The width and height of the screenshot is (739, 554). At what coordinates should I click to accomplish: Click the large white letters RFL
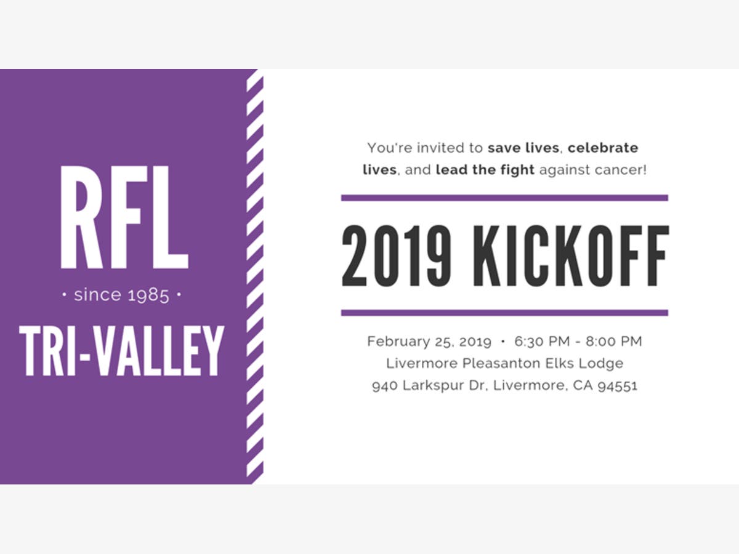point(124,217)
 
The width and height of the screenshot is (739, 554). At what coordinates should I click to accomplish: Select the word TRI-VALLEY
point(121,351)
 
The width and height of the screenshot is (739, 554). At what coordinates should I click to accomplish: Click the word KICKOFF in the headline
point(571,256)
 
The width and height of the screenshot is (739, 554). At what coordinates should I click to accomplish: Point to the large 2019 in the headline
point(397,256)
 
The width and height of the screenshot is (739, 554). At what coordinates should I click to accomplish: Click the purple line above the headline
point(504,198)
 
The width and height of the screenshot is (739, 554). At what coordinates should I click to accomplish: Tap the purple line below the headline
point(504,313)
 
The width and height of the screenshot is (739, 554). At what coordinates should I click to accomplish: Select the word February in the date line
point(398,342)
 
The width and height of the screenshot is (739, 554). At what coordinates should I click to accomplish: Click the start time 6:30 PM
point(542,341)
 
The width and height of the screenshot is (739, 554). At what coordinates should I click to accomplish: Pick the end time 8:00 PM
point(614,341)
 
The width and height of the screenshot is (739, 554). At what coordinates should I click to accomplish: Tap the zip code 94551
point(618,386)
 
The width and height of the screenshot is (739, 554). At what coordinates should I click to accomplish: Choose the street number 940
point(385,386)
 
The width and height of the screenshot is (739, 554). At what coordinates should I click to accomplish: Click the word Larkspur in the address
point(434,386)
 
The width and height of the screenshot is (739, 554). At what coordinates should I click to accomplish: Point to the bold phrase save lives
point(523,148)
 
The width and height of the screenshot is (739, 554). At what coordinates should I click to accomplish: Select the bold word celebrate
point(603,148)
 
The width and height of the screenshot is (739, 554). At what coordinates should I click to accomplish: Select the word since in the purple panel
point(98,295)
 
